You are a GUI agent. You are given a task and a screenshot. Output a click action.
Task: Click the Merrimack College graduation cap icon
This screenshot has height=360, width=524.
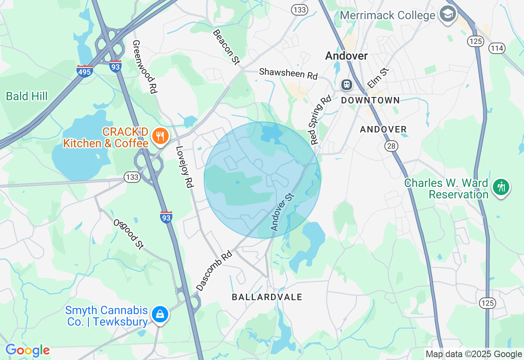pos(447,14)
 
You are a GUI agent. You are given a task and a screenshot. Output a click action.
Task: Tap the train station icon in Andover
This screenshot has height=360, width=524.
pos(346,85)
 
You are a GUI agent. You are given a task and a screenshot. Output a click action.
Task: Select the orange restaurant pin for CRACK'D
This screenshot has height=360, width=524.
pos(160,136)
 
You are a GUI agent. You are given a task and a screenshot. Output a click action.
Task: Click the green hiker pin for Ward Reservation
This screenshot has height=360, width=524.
pos(501,187)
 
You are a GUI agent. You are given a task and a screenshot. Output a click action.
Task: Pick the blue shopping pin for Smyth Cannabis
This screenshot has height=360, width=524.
pos(160,314)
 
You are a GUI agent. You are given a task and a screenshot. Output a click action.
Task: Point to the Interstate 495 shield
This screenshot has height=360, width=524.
pos(84,71)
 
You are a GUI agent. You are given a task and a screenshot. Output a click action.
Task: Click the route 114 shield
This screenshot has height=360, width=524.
pos(497,48)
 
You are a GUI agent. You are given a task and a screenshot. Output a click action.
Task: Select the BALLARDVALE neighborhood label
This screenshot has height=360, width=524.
pos(267,297)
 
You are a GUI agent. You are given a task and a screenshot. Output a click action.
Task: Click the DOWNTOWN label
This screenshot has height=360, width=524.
pos(370,100)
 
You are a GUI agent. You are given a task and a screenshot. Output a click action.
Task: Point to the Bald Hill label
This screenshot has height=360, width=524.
pos(27,96)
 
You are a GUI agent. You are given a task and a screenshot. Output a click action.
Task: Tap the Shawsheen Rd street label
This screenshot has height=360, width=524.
pos(288,74)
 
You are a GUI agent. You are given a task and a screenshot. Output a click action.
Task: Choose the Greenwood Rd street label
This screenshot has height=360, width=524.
pos(145,66)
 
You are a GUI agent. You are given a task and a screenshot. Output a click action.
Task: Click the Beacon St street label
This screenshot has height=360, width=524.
pos(226,47)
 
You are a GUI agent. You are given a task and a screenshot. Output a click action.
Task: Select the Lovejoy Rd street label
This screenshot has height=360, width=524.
pos(184,166)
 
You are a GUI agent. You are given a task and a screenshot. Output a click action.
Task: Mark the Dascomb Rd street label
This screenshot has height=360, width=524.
pos(214,271)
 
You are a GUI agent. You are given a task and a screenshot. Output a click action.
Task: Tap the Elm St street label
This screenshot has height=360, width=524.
pos(378,78)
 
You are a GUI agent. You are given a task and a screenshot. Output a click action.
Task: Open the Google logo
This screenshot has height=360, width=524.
pos(27,351)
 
